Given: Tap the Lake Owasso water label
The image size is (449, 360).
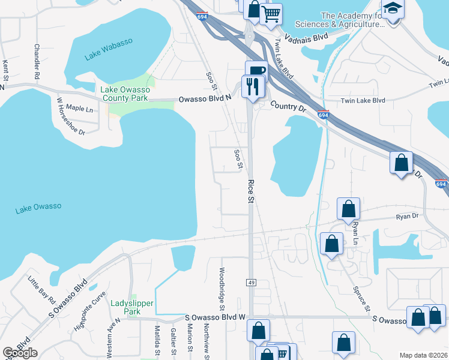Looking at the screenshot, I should [x=38, y=208].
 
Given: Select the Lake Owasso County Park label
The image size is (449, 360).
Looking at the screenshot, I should [x=124, y=93].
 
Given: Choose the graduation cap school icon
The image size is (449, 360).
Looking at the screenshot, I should [x=393, y=8].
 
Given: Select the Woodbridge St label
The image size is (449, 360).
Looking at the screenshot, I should [x=221, y=285].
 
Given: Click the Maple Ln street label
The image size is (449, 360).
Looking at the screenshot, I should [x=79, y=109].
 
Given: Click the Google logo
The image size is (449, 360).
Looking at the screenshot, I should [x=20, y=353].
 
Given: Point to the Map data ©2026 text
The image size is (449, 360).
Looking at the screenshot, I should [x=423, y=355].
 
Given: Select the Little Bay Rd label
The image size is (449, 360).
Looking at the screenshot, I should [x=43, y=290].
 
